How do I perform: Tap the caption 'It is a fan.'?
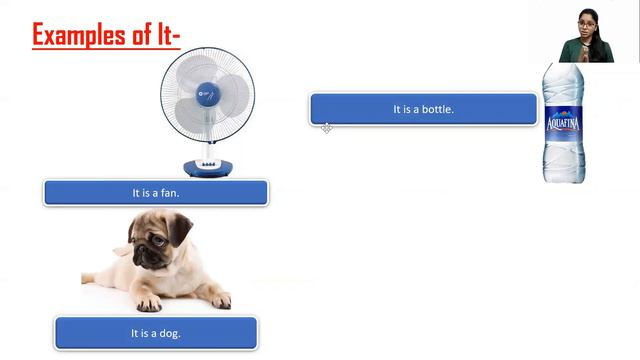(156, 192)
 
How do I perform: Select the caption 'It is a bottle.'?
(423, 109)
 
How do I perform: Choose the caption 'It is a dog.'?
(156, 333)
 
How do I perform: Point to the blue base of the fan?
(209, 167)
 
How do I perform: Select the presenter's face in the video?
(584, 21)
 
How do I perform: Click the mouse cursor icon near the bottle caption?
(326, 128)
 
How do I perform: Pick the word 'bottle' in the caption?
(436, 109)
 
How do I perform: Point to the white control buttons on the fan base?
(209, 163)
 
